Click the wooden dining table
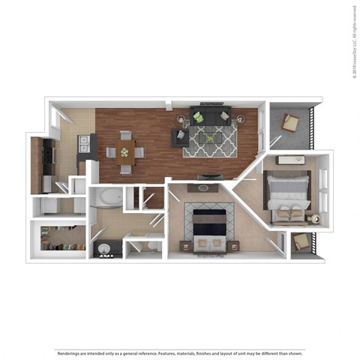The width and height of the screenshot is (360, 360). [126, 151]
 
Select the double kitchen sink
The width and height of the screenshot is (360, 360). [85, 143]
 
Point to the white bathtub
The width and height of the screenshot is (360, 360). [105, 199]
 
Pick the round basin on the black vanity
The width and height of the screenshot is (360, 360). [103, 248]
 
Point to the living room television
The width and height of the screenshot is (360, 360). [209, 176]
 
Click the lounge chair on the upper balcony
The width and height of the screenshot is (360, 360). [289, 122]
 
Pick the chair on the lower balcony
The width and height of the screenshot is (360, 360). [300, 241]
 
